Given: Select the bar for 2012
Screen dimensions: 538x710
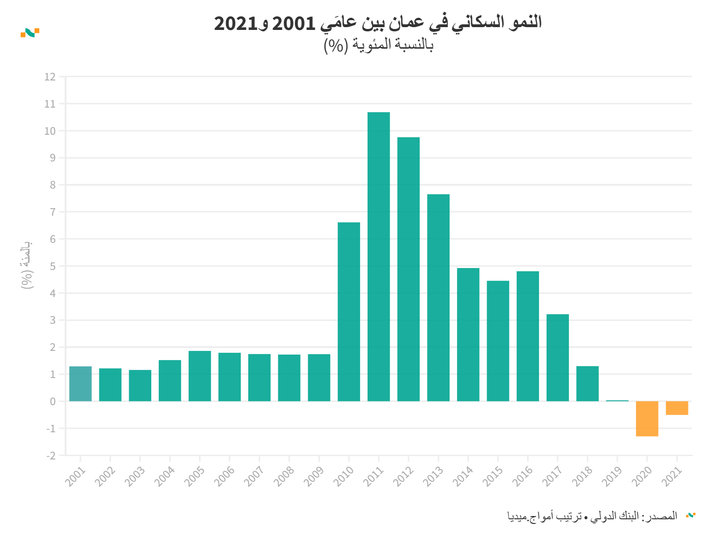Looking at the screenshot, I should [x=408, y=269].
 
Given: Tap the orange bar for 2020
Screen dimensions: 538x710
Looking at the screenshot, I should [x=647, y=419].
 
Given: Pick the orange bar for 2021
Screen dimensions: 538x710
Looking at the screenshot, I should [x=677, y=408].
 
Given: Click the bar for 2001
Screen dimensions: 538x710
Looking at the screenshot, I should [x=81, y=384].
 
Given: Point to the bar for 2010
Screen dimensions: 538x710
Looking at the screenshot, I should [x=349, y=312].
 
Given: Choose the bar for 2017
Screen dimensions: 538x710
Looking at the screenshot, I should [x=557, y=357].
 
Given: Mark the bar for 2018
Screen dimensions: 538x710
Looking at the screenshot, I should [x=587, y=384].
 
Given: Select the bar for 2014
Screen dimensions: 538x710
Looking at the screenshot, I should [x=468, y=334].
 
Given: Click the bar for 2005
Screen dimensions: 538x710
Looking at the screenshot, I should [x=200, y=376].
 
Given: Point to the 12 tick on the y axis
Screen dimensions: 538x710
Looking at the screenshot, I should [x=50, y=77].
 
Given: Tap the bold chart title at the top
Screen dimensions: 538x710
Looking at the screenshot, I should [x=377, y=22].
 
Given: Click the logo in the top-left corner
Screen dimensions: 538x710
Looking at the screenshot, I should [x=30, y=32].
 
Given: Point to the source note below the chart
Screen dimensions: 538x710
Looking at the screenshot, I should [x=592, y=516].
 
